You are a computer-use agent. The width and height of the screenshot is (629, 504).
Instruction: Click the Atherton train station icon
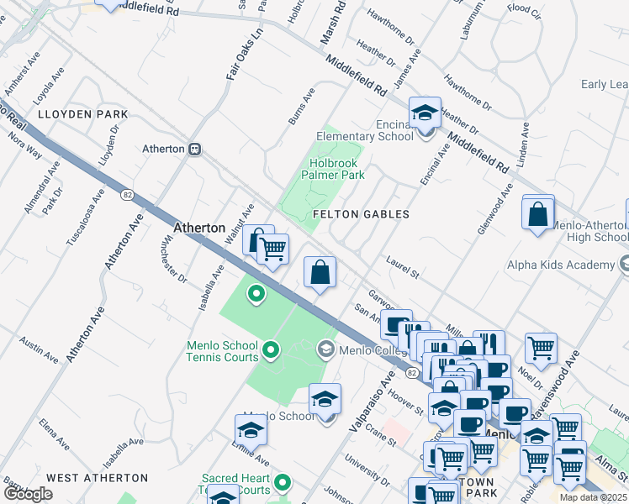(195, 149)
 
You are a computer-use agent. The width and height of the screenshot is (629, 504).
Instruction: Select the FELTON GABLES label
(361, 214)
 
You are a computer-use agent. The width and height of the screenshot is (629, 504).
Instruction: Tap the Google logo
(28, 494)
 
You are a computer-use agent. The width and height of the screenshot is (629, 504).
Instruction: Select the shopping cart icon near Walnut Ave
(272, 249)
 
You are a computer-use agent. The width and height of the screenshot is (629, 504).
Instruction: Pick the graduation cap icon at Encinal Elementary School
(425, 113)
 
